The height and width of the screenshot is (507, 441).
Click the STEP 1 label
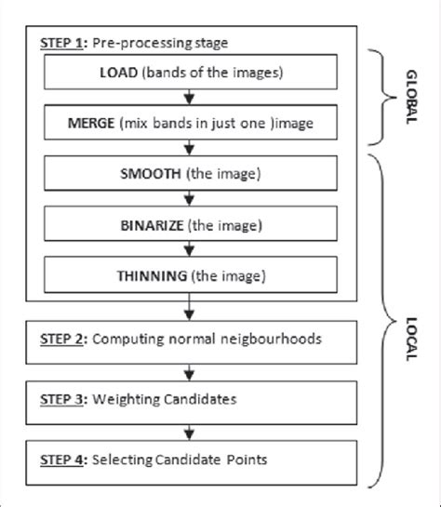pos(60,43)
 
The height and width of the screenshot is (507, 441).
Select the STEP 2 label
pos(60,340)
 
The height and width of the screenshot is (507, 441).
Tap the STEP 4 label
pos(60,459)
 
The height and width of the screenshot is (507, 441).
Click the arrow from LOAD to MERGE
pos(190,98)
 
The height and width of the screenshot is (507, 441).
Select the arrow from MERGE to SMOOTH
pos(190,149)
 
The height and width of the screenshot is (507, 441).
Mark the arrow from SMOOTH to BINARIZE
pos(190,199)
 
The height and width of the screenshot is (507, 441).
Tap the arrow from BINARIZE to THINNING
pos(190,249)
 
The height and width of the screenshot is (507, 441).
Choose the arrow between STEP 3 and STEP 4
pos(190,431)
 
